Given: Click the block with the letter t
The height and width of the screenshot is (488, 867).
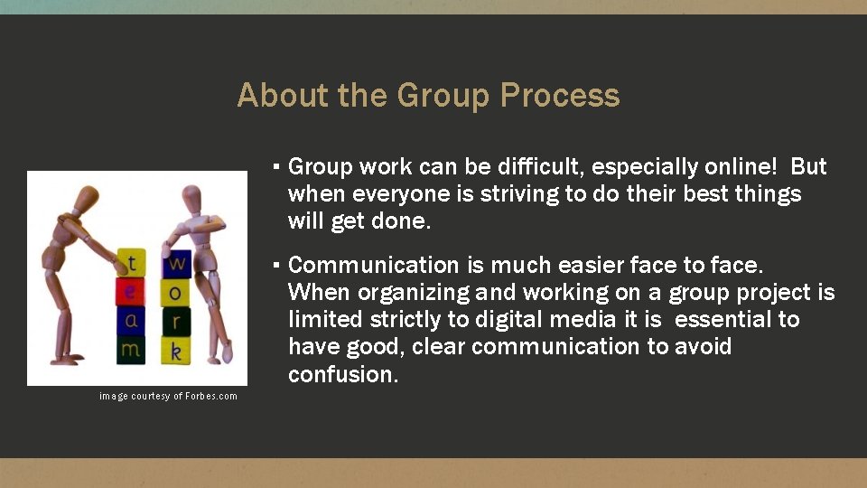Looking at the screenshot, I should (133, 263).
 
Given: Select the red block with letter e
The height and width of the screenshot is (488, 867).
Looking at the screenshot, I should (131, 291).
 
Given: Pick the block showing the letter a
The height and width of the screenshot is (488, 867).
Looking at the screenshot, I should (132, 320).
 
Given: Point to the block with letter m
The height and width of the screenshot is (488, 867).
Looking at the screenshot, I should (132, 348).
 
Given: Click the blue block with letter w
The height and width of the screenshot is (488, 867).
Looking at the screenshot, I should (177, 264).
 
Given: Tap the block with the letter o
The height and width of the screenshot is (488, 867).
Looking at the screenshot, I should (175, 293).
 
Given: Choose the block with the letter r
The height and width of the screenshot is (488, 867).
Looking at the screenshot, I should (177, 322).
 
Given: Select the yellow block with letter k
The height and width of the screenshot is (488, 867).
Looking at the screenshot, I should (176, 351).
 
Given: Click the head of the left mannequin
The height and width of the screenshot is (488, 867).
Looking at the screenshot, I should (85, 197).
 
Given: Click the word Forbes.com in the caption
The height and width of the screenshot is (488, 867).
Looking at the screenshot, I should (211, 396).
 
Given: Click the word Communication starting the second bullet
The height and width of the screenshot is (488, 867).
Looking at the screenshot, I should (374, 266).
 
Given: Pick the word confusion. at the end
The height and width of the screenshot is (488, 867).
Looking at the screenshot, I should (343, 374).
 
